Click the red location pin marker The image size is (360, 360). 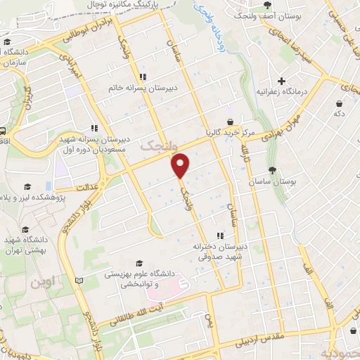pos(181,165)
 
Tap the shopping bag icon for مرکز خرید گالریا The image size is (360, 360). pos(230,121)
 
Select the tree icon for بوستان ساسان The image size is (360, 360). pos(273,170)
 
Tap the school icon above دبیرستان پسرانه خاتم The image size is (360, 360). pos(143,77)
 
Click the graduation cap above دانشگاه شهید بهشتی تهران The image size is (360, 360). pos(26,230)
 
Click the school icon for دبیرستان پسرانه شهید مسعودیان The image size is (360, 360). pos(94,128)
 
